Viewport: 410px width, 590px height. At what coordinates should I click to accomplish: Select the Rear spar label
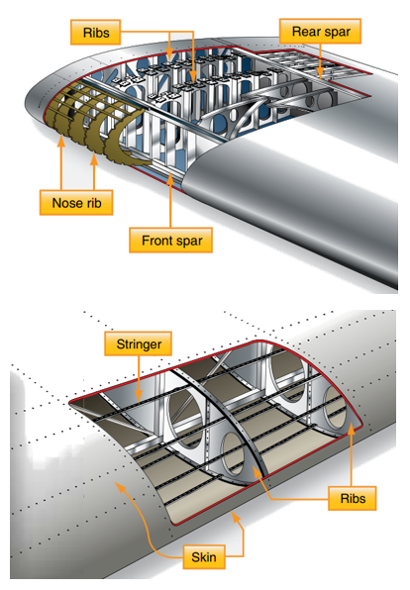(x=320, y=32)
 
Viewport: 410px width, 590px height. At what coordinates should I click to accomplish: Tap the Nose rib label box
(x=77, y=205)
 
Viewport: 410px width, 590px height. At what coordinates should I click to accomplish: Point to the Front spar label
(x=171, y=241)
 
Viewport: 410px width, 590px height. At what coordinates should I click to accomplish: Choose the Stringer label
(x=139, y=345)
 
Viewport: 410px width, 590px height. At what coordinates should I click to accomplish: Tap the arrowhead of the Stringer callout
(x=140, y=401)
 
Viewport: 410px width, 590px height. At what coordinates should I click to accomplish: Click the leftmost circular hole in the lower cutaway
(x=183, y=407)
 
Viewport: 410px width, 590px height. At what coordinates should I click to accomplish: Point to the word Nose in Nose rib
(x=67, y=205)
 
